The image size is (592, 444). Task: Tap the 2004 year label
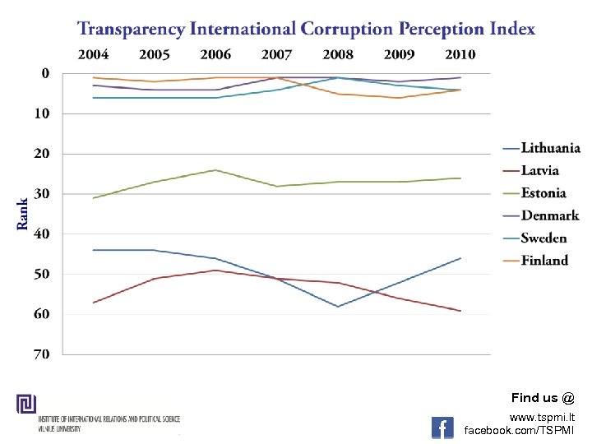[94, 55]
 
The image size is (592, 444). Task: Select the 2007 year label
[276, 55]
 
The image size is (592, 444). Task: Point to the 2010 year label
[460, 55]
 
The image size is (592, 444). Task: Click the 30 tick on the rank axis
[41, 194]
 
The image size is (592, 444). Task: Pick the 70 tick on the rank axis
[41, 354]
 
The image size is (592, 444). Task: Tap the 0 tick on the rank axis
[45, 73]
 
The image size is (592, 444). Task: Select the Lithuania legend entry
[550, 149]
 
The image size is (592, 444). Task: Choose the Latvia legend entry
[539, 171]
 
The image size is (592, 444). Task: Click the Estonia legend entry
[543, 193]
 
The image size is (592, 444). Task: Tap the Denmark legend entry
[549, 215]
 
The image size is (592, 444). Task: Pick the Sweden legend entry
[543, 238]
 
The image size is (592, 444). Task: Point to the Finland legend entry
[544, 261]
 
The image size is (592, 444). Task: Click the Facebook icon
[442, 428]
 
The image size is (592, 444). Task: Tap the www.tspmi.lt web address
[543, 417]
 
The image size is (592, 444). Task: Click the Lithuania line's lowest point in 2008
[338, 307]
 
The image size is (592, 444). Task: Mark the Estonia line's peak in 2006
[215, 170]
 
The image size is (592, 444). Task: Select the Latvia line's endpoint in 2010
[460, 311]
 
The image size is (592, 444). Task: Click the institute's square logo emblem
[26, 404]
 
